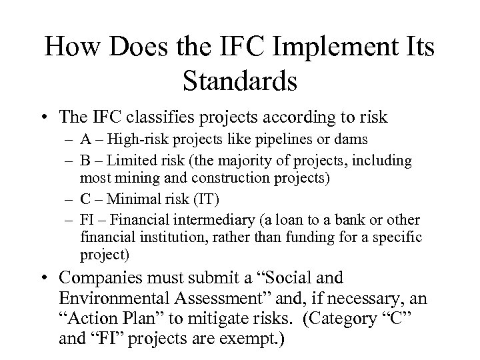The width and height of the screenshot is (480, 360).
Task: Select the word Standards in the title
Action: click(x=240, y=82)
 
